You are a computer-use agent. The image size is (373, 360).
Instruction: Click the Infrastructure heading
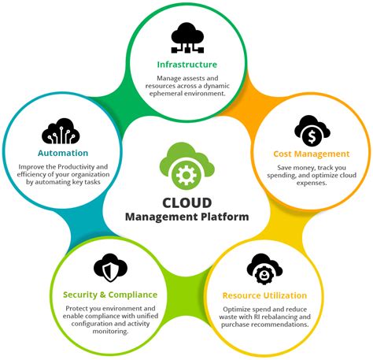[186, 64]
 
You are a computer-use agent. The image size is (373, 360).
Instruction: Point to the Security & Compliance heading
[108, 295]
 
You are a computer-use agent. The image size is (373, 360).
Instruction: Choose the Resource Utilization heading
[264, 295]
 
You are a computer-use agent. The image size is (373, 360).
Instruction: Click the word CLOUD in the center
[186, 200]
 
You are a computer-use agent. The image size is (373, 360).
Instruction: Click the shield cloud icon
[109, 269]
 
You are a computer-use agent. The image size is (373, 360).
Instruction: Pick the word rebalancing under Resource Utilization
[282, 317]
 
